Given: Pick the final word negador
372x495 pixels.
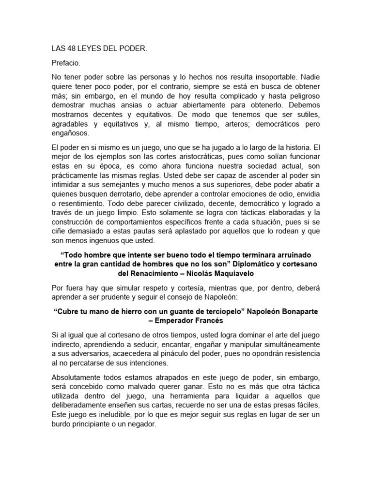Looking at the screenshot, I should click(x=142, y=424).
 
